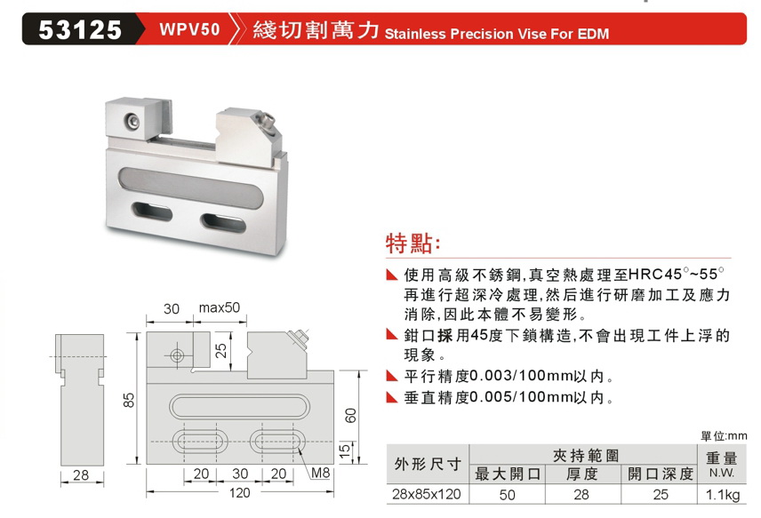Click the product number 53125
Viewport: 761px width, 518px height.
coord(80,30)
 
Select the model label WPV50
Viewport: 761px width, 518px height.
coord(189,29)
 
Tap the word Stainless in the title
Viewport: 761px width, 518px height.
coord(415,34)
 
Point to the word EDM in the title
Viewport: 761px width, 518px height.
coord(593,34)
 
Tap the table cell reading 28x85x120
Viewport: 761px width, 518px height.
coord(427,494)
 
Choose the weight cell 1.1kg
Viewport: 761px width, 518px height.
coord(723,495)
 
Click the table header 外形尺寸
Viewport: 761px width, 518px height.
coord(428,464)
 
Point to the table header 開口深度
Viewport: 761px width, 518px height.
coord(660,474)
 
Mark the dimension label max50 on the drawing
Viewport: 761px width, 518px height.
coord(220,307)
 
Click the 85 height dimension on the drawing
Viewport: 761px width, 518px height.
coord(129,400)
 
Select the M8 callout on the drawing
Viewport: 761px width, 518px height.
coord(320,473)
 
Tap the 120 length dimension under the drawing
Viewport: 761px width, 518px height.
coord(239,493)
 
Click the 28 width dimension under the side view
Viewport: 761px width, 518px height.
coord(81,475)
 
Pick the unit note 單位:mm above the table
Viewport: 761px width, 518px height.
coord(724,435)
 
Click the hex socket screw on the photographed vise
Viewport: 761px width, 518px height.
coord(131,121)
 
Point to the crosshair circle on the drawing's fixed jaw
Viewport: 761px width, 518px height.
coord(177,356)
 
